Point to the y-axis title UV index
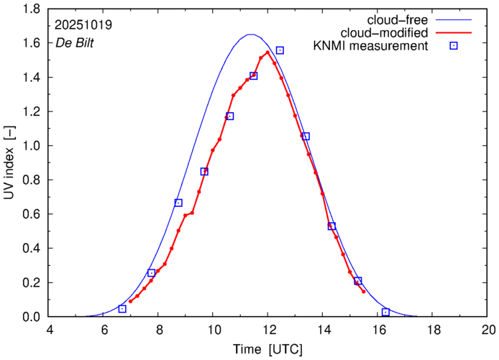click(9, 162)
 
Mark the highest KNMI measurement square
click(280, 50)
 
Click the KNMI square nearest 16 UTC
click(386, 312)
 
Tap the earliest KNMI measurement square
click(122, 309)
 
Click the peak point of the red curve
click(267, 52)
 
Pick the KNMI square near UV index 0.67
click(178, 203)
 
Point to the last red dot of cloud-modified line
click(364, 291)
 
